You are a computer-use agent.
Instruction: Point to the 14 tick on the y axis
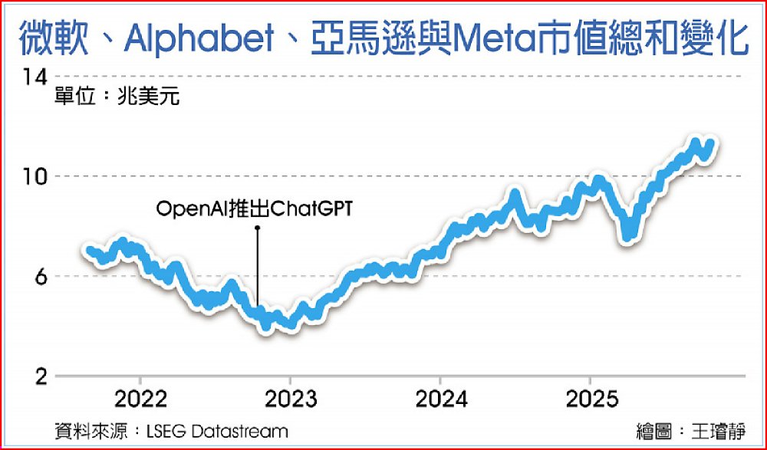pyautogui.click(x=35, y=77)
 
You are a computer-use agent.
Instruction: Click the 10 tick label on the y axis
pyautogui.click(x=35, y=176)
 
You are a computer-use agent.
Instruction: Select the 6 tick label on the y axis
pyautogui.click(x=40, y=277)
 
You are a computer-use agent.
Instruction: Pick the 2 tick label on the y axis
pyautogui.click(x=40, y=376)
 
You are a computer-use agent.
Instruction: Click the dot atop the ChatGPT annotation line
pyautogui.click(x=258, y=227)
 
